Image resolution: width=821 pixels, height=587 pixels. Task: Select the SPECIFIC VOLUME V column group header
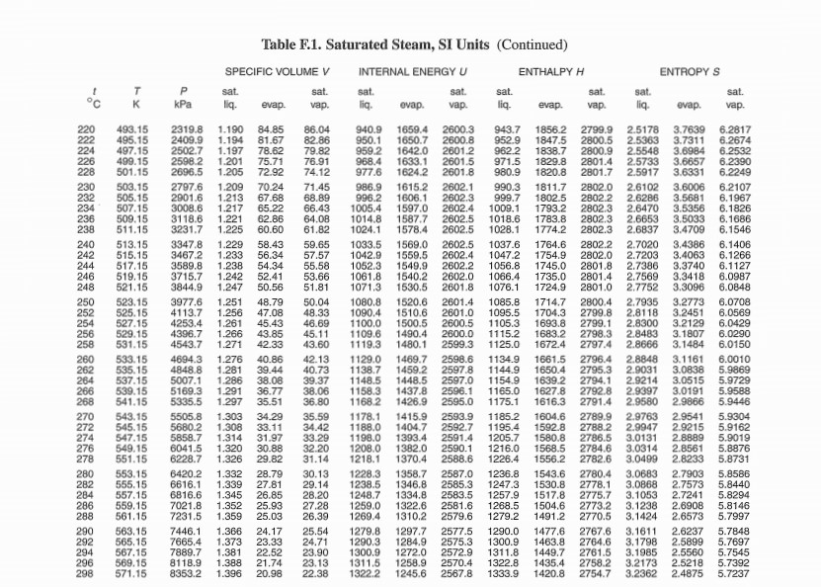click(277, 72)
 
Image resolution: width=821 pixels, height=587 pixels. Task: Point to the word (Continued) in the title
click(532, 45)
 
